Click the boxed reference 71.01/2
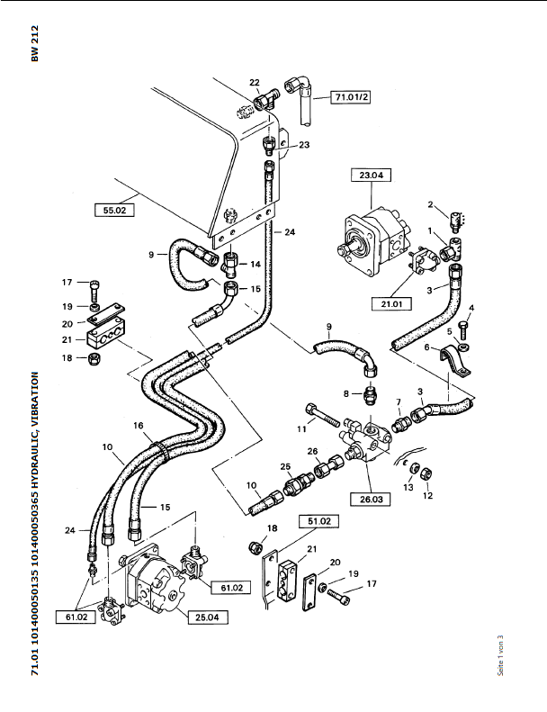click(350, 96)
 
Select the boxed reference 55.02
click(114, 211)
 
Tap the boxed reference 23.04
click(372, 175)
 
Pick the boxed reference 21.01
click(391, 303)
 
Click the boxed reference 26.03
click(371, 499)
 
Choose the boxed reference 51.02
click(319, 521)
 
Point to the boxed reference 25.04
click(208, 617)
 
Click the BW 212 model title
click(35, 43)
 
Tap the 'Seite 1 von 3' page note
click(501, 655)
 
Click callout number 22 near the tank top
click(255, 82)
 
